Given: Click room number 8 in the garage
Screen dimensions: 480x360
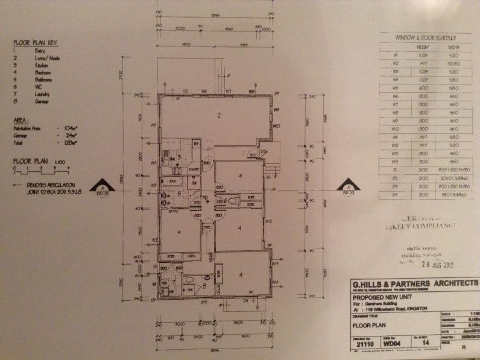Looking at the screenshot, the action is point(205,286).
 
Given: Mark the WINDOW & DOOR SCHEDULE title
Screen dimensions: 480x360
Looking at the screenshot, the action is point(425,37).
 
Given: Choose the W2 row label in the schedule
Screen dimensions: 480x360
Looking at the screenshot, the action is point(394,62).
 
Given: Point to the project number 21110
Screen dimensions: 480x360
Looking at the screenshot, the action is point(365,344).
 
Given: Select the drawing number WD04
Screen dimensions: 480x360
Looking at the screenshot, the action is point(393,344).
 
